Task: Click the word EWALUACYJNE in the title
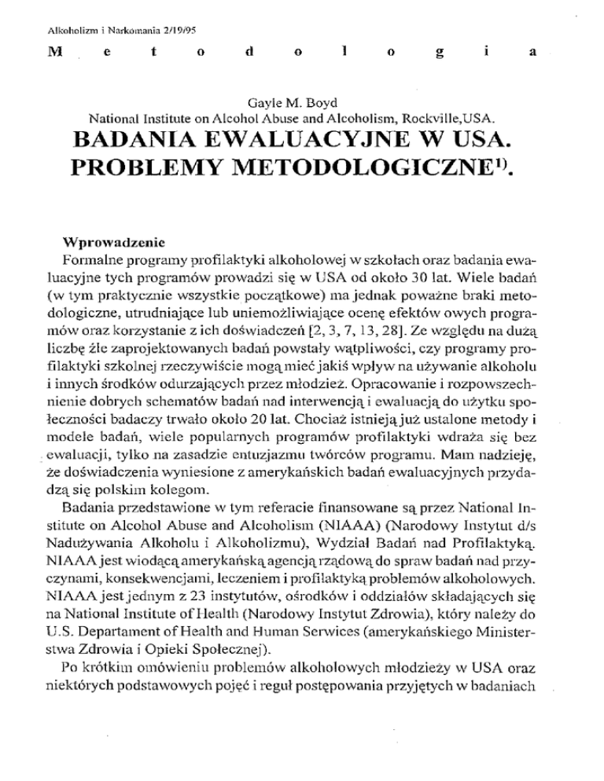305,142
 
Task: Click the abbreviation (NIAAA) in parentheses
330,523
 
